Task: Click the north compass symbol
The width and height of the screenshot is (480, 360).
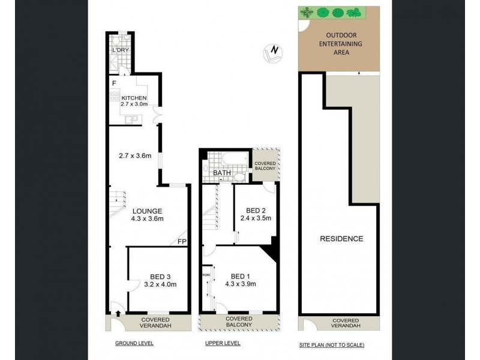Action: coord(273,52)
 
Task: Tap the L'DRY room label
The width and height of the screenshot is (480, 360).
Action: coord(120,49)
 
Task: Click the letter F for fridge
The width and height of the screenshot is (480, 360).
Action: coord(112,83)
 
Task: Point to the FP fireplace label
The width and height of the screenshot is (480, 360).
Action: coord(181,242)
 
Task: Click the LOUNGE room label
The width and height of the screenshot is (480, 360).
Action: coord(147,211)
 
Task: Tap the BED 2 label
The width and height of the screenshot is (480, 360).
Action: coord(256,210)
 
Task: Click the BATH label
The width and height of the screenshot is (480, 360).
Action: coord(223,173)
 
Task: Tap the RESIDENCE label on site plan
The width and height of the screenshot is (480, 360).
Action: coord(341,238)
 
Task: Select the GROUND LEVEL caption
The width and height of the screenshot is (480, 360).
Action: coord(134,343)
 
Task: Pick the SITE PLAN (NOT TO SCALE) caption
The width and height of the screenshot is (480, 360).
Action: coord(331,345)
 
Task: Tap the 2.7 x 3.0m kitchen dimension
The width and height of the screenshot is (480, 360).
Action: coord(134,106)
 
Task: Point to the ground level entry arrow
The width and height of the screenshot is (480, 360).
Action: coord(118,313)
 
